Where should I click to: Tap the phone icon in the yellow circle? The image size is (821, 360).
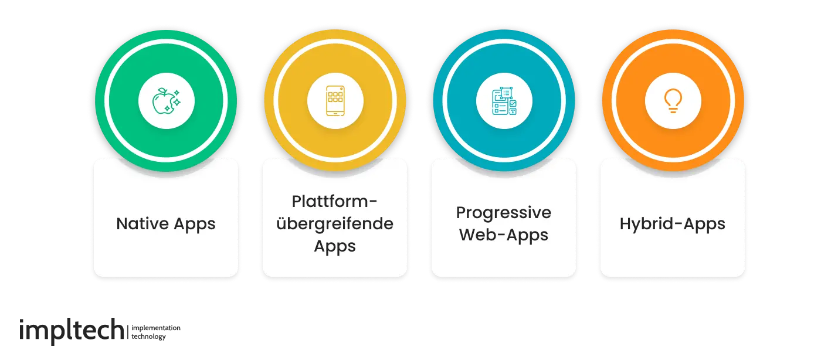click(x=334, y=101)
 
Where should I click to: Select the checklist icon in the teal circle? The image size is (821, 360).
click(x=504, y=101)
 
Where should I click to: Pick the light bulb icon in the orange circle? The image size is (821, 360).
click(x=672, y=101)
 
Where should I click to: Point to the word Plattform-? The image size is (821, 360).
click(x=334, y=201)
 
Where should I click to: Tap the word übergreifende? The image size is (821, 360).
click(x=334, y=223)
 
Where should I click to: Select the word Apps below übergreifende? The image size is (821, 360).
click(x=334, y=246)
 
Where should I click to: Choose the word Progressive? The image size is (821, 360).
click(x=504, y=212)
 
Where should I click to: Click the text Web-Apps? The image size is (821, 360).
click(x=504, y=235)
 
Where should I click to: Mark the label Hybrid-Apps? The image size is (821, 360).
click(x=672, y=224)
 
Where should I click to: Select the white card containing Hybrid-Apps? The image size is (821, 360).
click(x=672, y=258)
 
